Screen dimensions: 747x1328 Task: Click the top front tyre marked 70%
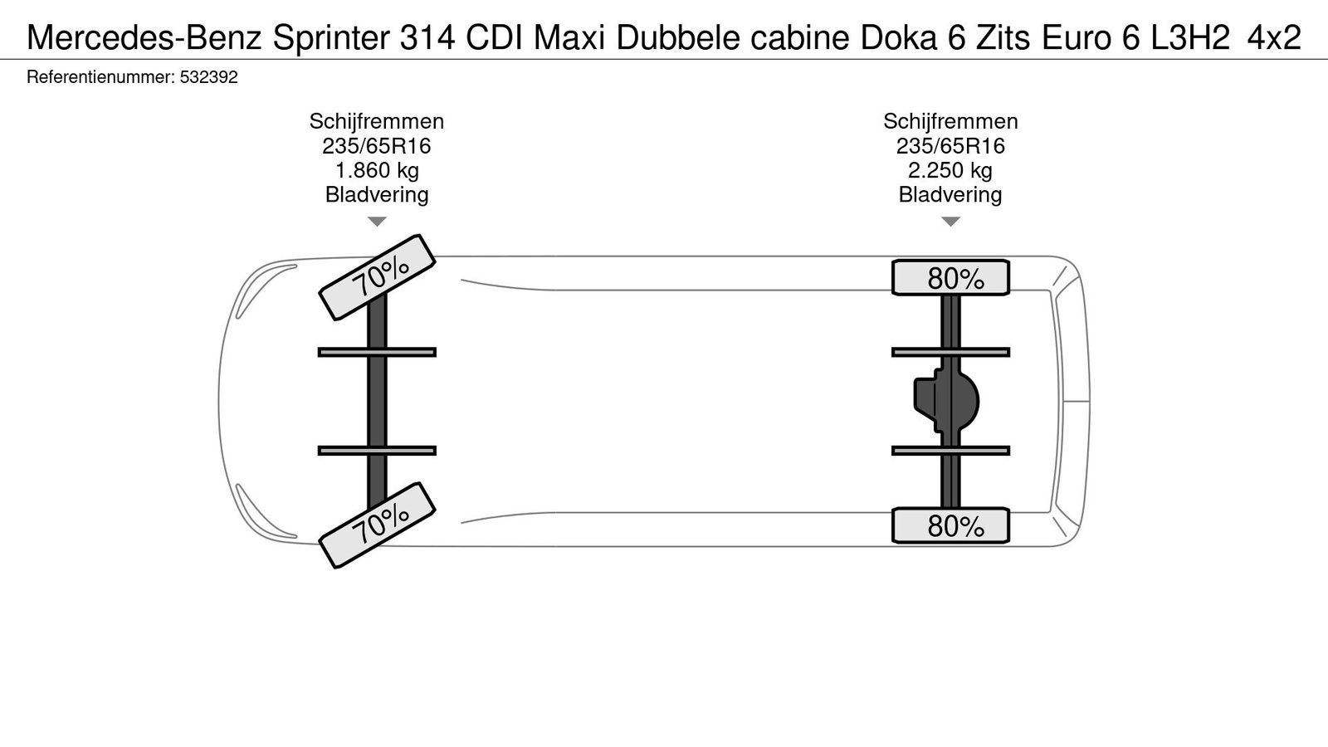tap(378, 276)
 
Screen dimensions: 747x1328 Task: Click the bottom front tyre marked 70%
tap(378, 525)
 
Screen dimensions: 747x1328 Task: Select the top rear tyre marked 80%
tap(950, 277)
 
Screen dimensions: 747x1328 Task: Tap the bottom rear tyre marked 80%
tap(950, 526)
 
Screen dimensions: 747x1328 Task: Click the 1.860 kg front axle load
tap(377, 171)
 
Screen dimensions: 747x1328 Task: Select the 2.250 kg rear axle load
tap(950, 171)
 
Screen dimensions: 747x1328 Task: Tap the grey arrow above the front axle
tap(377, 222)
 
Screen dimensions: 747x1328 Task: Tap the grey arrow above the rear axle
tap(950, 222)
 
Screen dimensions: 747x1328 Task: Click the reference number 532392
tap(208, 77)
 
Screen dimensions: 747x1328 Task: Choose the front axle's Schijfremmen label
tap(377, 121)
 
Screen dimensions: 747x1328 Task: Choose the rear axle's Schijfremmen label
tap(950, 121)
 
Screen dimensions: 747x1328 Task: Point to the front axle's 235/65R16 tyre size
tap(377, 146)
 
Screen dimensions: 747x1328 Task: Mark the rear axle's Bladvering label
tap(950, 195)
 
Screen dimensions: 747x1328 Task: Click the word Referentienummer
tap(100, 77)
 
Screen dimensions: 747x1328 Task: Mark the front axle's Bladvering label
tap(377, 195)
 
